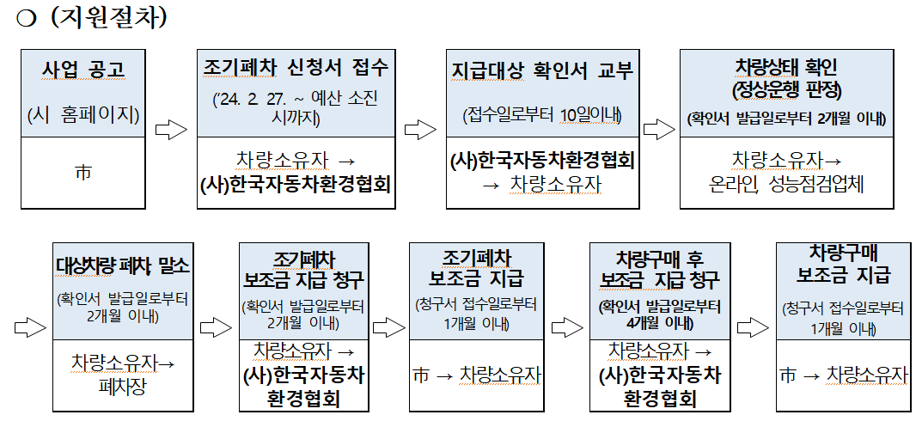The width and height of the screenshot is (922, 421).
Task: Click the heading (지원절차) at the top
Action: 107,18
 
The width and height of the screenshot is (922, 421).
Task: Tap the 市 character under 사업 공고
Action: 83,173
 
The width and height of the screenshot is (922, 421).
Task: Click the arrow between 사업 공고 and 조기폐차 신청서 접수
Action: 171,130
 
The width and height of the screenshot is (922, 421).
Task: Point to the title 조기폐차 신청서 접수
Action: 296,66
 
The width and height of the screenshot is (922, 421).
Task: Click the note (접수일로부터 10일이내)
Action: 541,114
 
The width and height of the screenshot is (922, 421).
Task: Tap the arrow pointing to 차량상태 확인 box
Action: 659,130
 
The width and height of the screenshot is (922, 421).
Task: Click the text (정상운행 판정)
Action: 786,88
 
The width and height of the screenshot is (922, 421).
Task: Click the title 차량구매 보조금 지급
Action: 843,264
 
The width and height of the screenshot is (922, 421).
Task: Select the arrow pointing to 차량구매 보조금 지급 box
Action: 753,327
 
